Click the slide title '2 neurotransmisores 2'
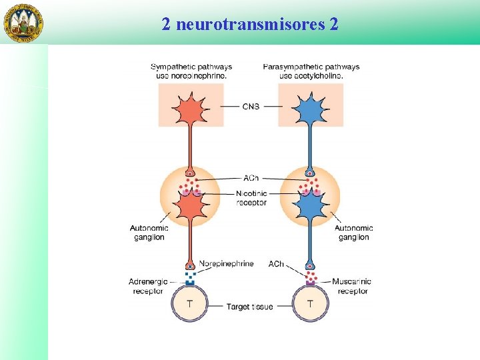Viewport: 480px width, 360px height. (249, 25)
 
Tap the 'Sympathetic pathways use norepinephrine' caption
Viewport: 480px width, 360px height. (191, 71)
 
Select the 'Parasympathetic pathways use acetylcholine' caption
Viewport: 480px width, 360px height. (311, 71)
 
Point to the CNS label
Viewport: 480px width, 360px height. (251, 107)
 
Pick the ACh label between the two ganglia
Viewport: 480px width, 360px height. (251, 178)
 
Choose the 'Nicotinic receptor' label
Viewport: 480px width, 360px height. (251, 198)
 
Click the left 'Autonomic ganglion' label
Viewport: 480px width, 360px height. (149, 233)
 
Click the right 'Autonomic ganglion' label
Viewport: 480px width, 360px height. (353, 233)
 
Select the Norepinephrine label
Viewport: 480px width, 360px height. (226, 263)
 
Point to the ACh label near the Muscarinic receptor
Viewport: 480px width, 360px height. (276, 264)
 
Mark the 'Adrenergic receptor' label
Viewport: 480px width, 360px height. (148, 286)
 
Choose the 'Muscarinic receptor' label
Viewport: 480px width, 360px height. (354, 286)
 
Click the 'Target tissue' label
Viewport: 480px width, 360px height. (249, 307)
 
